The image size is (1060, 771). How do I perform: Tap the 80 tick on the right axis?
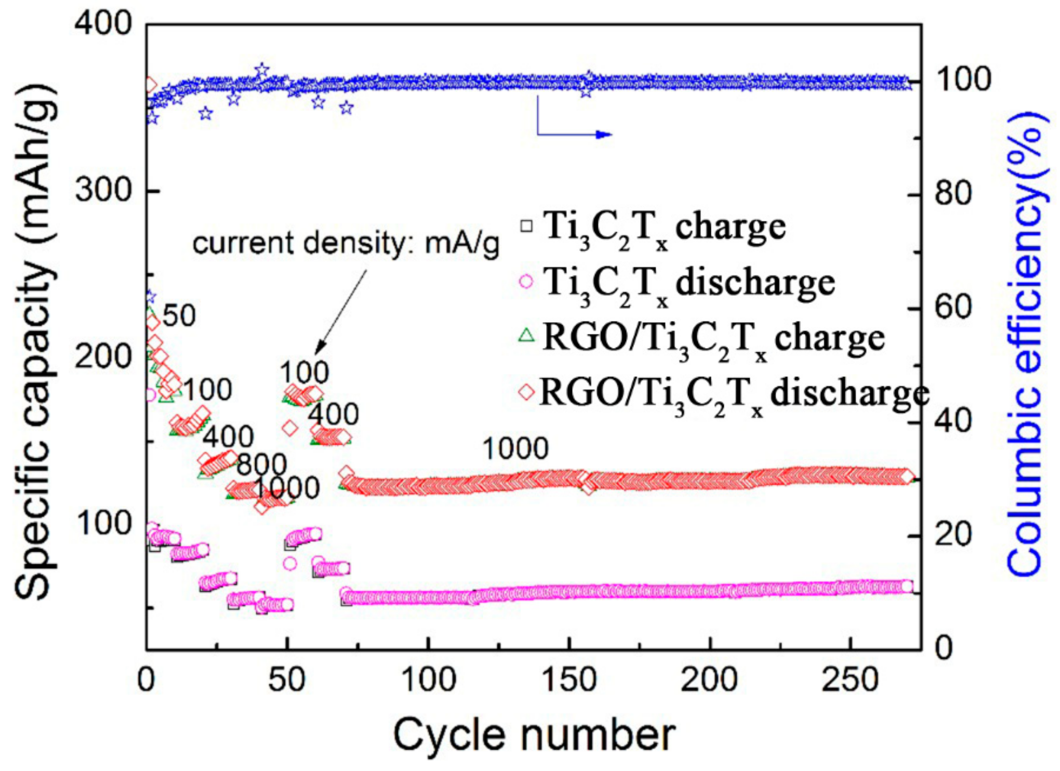pyautogui.click(x=953, y=194)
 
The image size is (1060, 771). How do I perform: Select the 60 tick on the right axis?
pyautogui.click(x=953, y=308)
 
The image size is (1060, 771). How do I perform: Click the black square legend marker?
pyautogui.click(x=527, y=226)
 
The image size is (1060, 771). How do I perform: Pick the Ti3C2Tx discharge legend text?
pyautogui.click(x=689, y=284)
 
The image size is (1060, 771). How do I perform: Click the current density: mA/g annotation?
pyautogui.click(x=346, y=243)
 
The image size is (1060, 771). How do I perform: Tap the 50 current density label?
pyautogui.click(x=179, y=315)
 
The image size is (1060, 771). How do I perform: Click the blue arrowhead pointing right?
pyautogui.click(x=605, y=135)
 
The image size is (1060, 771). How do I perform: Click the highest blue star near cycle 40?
pyautogui.click(x=262, y=70)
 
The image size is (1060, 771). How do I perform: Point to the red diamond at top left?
pyautogui.click(x=150, y=85)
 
